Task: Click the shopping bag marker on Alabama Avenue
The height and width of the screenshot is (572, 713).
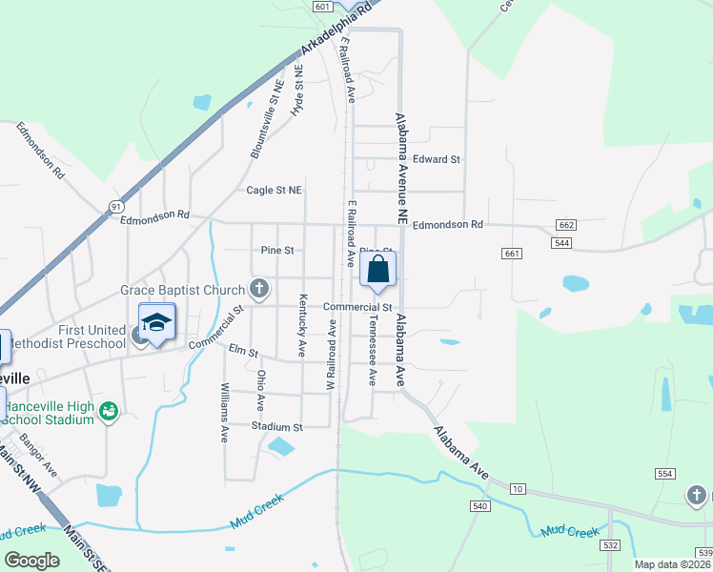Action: coord(377,270)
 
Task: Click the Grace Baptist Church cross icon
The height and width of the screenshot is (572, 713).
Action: coord(258,288)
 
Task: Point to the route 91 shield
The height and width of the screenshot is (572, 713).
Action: coord(116,206)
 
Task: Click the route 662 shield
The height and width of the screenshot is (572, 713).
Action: coord(566,225)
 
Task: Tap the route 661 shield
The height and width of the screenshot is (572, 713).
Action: coord(512,253)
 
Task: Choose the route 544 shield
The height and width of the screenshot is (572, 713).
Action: coord(562,243)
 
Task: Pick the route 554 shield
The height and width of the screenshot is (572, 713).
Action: coord(665,474)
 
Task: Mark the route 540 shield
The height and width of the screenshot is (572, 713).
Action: coord(479,505)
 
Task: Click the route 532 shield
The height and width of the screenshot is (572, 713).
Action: coord(612,545)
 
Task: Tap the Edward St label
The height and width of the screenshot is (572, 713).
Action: coord(437,159)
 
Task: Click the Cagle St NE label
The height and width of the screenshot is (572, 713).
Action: coord(275,190)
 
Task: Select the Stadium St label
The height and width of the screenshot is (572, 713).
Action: coord(277,427)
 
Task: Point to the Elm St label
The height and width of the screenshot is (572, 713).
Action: coord(244,351)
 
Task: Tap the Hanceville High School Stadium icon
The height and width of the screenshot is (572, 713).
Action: coord(109,410)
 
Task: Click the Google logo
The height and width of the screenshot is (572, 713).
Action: coord(32,561)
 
